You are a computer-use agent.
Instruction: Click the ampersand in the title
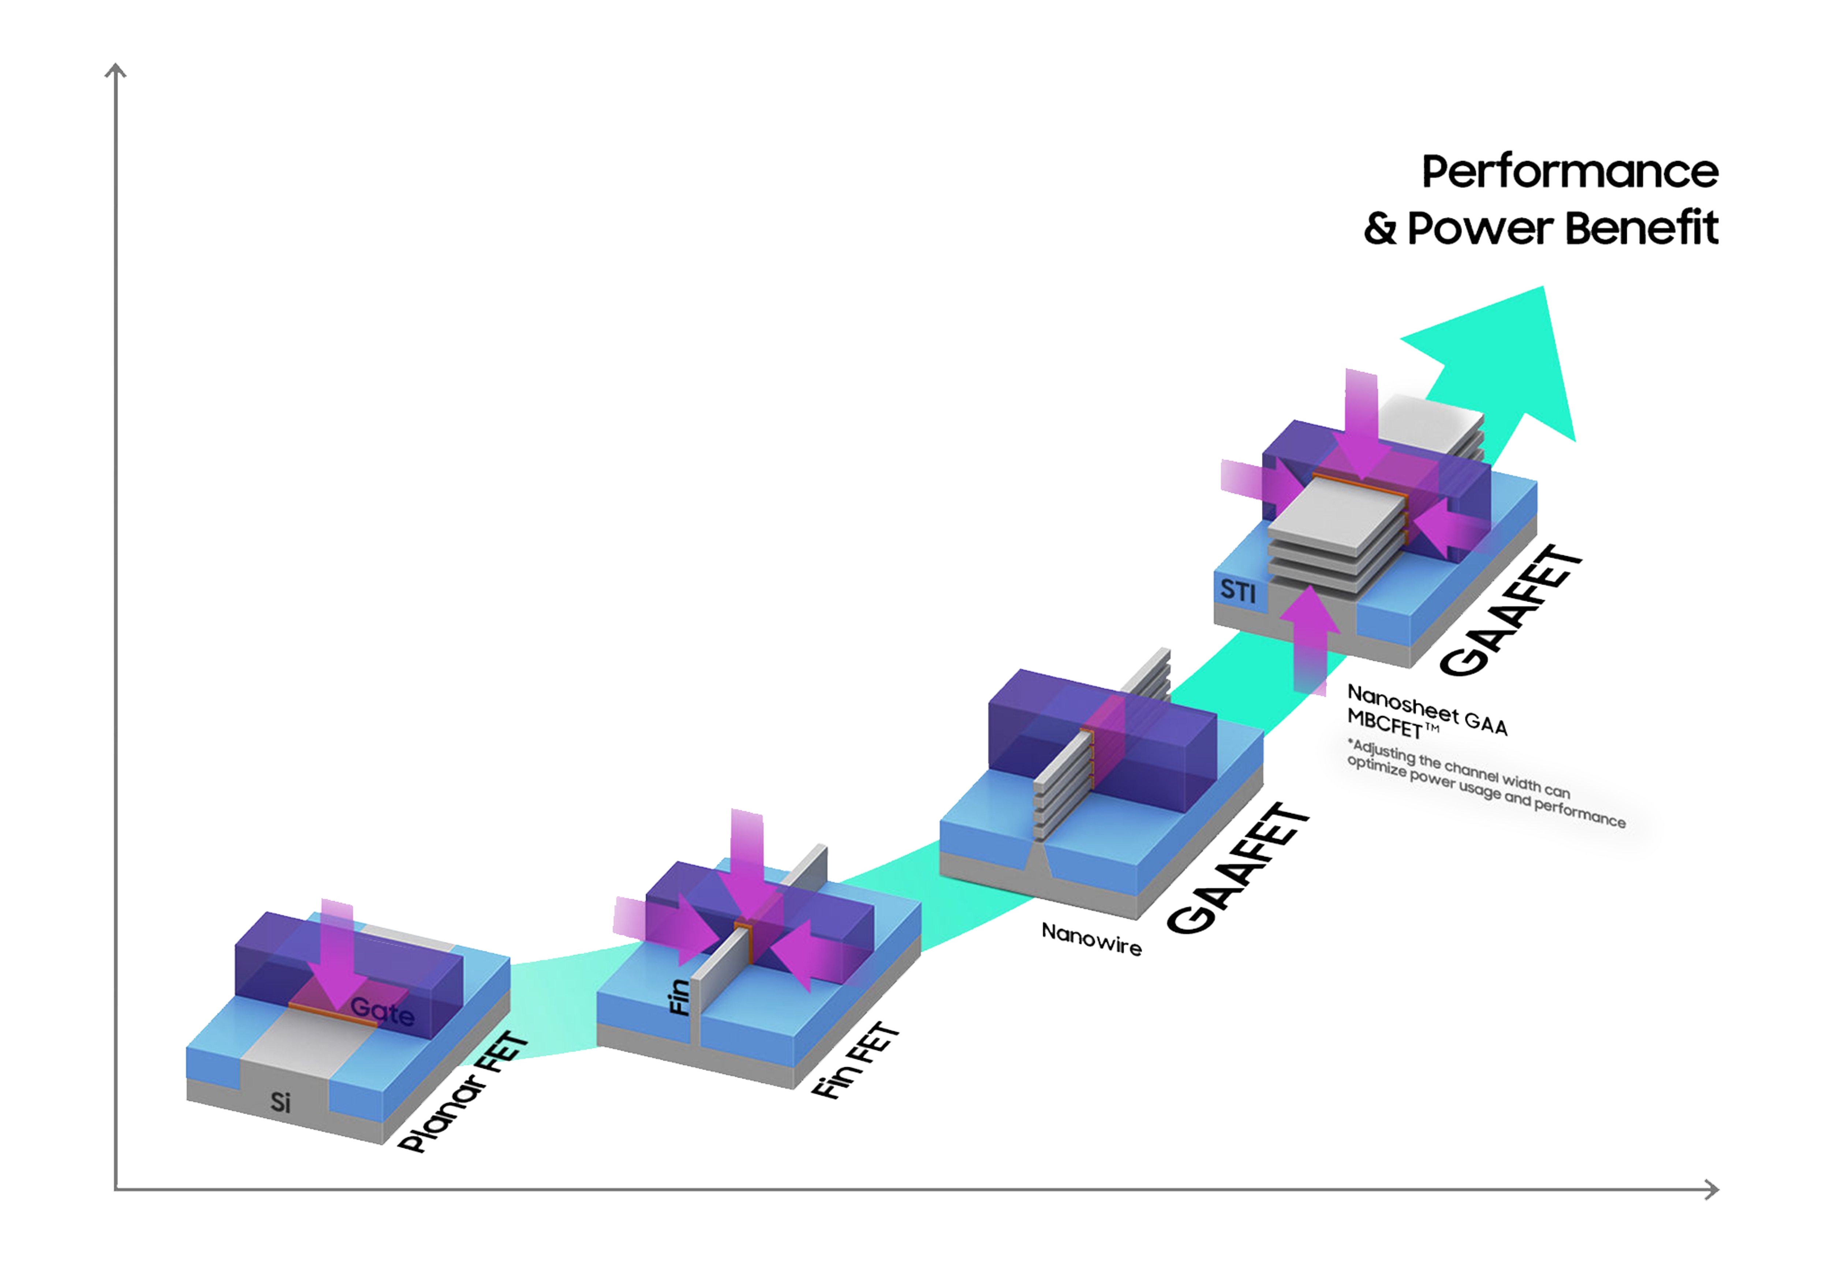[1379, 228]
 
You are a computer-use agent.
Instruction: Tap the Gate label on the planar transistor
[382, 1011]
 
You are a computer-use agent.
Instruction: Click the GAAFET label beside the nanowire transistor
[1238, 869]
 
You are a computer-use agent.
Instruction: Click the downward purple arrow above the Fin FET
[747, 865]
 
